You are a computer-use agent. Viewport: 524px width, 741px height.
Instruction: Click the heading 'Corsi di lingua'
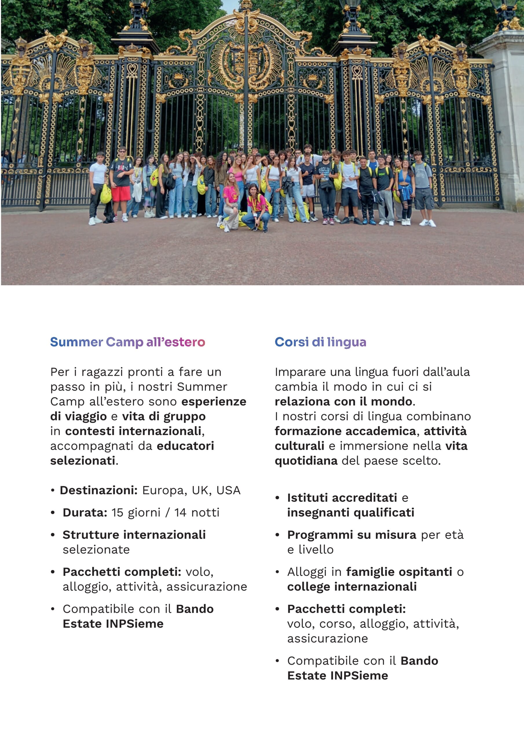[320, 342]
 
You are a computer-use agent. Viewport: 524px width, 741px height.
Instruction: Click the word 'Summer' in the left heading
[76, 342]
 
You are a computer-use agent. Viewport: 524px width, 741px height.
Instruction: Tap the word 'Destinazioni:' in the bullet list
[99, 490]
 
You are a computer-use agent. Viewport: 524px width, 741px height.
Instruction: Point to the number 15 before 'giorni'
[118, 513]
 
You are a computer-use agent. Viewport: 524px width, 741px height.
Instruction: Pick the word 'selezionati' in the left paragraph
[83, 461]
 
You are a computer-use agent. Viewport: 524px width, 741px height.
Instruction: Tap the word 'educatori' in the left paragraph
[185, 446]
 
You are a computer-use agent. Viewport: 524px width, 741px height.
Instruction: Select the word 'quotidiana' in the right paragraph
[306, 461]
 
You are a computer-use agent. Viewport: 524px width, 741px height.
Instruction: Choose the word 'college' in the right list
[308, 586]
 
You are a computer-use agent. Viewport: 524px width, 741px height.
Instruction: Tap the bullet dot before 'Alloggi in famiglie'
[277, 572]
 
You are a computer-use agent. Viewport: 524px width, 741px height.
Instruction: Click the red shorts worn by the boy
[121, 194]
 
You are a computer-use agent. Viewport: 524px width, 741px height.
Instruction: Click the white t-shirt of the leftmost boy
[98, 174]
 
